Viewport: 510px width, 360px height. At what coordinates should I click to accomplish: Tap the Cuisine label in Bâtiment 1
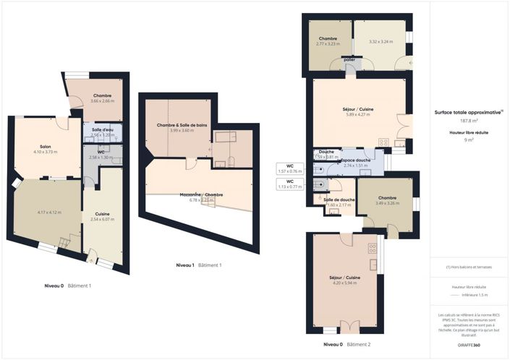pos(102,213)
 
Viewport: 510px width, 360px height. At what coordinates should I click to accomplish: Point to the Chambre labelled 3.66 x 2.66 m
pos(102,96)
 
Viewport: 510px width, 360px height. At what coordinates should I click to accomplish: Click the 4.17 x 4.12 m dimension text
pos(49,213)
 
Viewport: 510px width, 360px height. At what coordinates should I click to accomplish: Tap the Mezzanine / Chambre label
pos(201,194)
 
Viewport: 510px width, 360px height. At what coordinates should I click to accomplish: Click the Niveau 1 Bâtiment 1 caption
pos(198,265)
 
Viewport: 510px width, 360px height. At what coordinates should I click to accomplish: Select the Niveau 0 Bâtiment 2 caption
pos(347,345)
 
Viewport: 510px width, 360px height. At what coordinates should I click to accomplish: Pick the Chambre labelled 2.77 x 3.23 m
pos(328,38)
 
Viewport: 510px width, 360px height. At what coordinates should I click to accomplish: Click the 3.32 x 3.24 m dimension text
pos(381,42)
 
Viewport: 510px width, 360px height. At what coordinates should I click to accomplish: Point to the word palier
pos(349,60)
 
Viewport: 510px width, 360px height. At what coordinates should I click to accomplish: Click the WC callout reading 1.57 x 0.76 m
pos(289,168)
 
